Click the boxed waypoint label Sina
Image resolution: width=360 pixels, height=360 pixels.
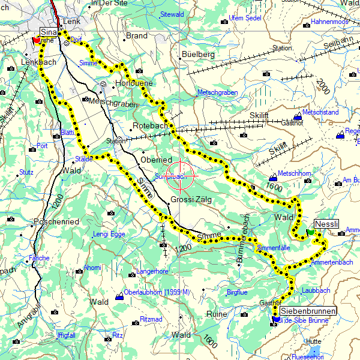click(x=49, y=31)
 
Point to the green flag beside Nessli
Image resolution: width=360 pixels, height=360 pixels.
click(x=310, y=232)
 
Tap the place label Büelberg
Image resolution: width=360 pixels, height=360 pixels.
click(x=197, y=55)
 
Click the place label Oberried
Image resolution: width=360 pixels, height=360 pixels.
click(x=156, y=160)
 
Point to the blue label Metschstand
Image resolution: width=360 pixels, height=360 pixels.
click(x=320, y=112)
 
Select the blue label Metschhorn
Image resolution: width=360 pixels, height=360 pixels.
click(x=293, y=173)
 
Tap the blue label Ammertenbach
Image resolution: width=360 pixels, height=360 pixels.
click(x=333, y=263)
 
